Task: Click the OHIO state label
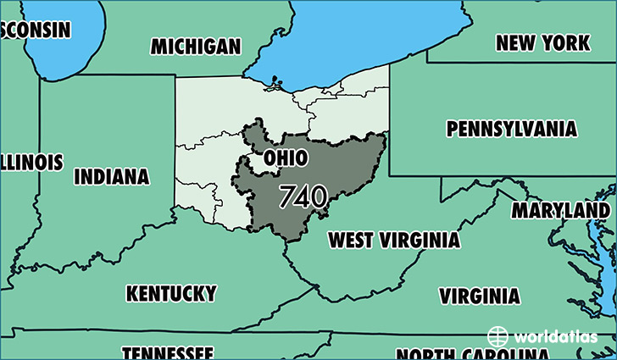click(x=285, y=158)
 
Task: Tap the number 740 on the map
click(x=303, y=197)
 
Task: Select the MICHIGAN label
click(x=196, y=47)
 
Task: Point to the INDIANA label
click(x=112, y=177)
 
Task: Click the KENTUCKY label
click(x=171, y=293)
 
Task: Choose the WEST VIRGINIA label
click(x=394, y=240)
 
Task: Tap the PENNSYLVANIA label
click(x=512, y=130)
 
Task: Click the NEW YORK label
click(x=542, y=42)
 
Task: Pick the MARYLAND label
click(x=560, y=209)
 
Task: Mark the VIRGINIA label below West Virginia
click(x=479, y=296)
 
